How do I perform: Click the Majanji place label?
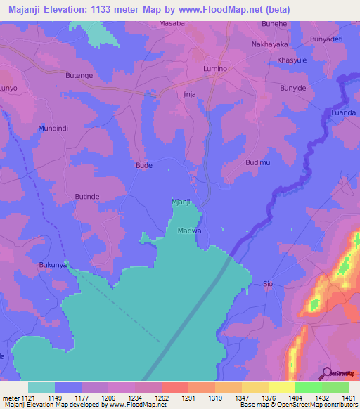pos(181,202)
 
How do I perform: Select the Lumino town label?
pos(215,69)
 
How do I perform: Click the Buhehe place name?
pos(275,23)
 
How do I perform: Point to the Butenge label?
pos(79,74)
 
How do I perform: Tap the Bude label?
pos(143,166)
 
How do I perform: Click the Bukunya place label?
pos(53,265)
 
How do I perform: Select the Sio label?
pos(267,284)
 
